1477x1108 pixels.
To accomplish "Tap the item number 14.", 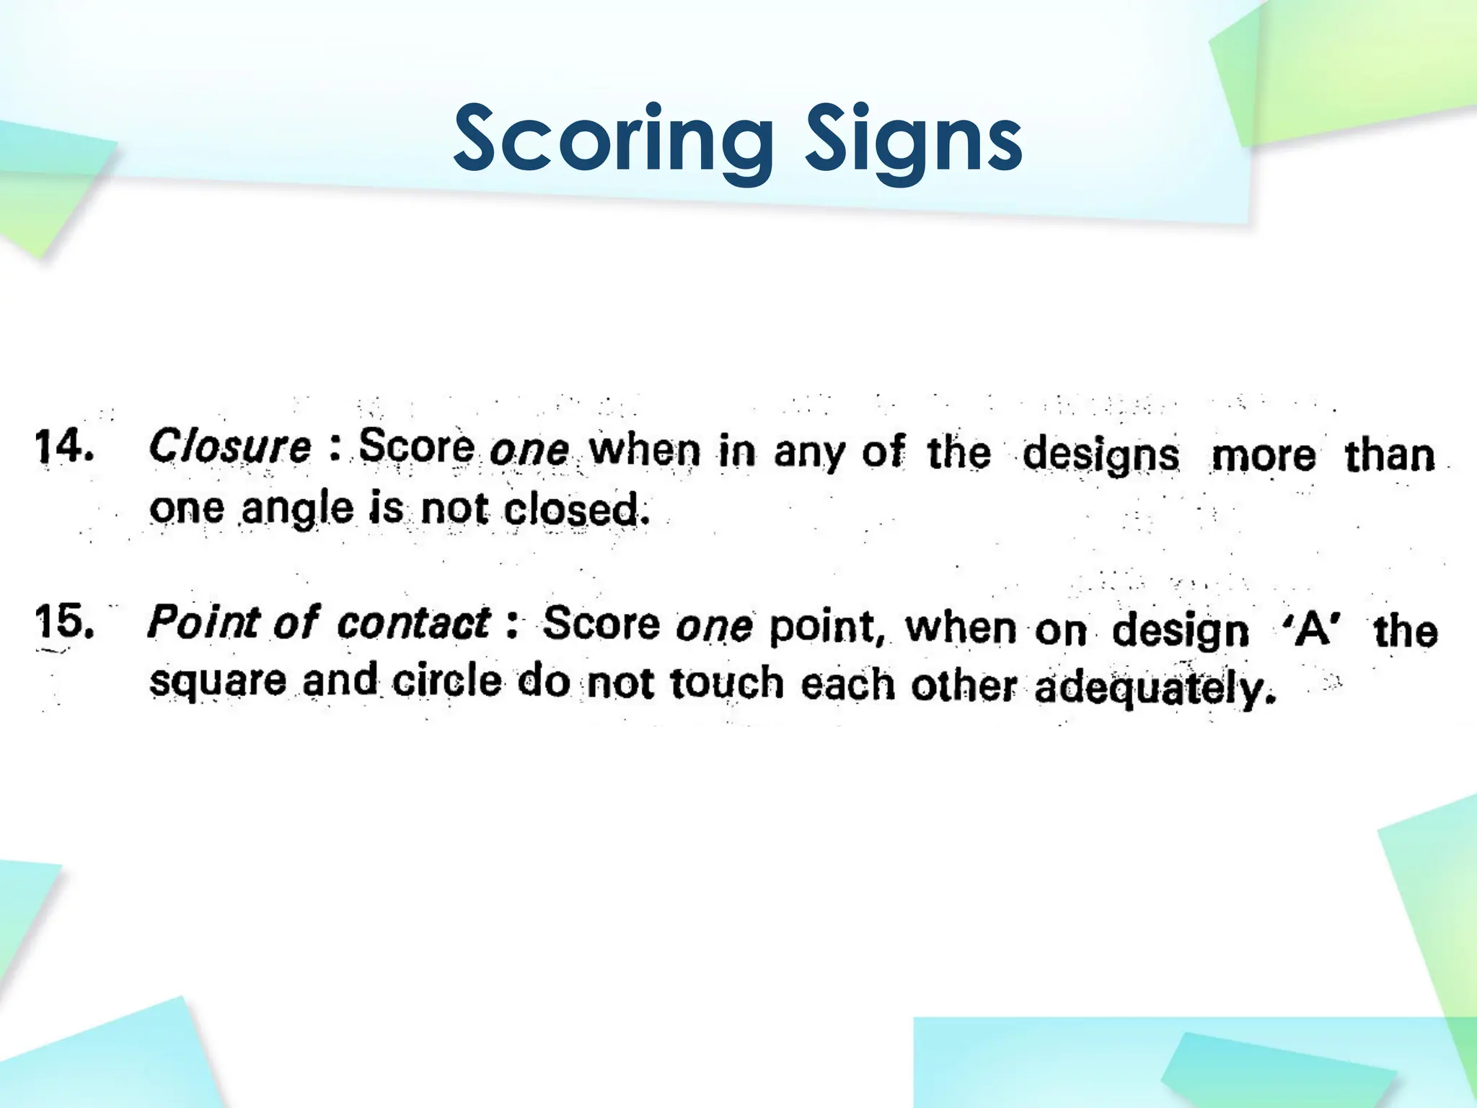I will click(63, 447).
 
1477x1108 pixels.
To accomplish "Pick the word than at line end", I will click(1390, 456).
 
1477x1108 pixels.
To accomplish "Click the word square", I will click(217, 682).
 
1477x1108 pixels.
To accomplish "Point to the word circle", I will click(446, 682).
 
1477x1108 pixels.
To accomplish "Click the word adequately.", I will click(1155, 689).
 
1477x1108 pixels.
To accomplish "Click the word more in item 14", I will click(1263, 456).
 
